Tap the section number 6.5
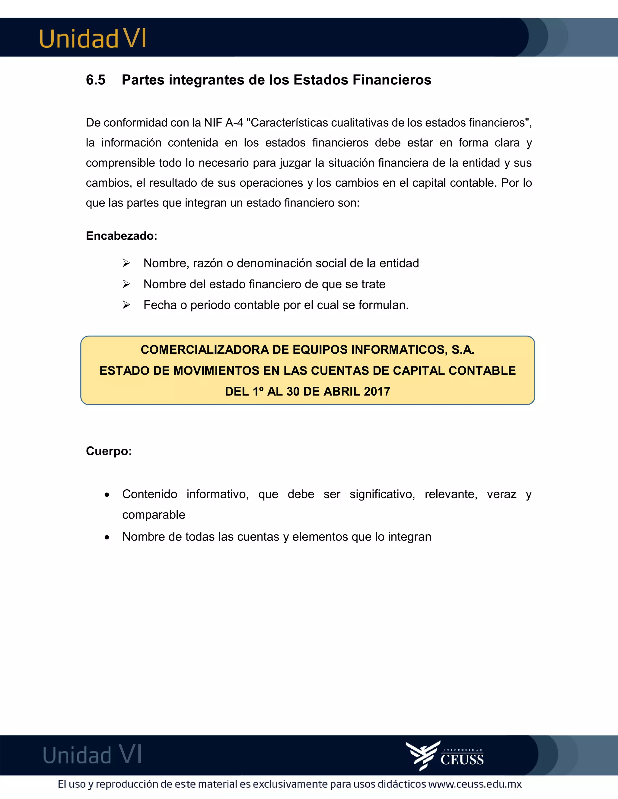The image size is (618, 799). (96, 80)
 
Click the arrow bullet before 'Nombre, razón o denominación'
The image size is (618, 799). (126, 263)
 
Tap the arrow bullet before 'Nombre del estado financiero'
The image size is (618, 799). (126, 284)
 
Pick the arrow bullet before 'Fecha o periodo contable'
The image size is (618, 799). (126, 305)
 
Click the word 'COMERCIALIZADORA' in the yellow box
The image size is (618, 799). (205, 350)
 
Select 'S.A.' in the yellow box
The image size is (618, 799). (463, 350)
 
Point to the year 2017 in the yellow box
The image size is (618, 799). (377, 391)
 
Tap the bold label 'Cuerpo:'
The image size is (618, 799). (109, 451)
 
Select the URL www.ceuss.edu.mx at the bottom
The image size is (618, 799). (475, 784)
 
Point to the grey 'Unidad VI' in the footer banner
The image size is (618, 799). (92, 755)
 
